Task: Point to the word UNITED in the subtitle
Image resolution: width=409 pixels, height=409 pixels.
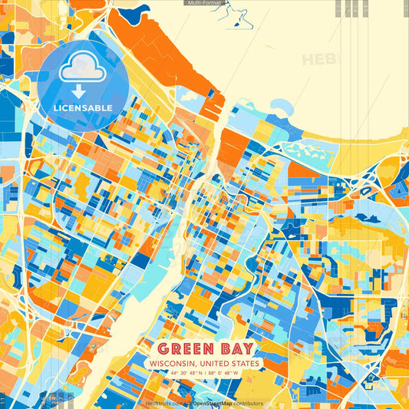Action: tap(216, 363)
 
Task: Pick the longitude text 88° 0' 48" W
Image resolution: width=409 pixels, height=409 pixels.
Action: tap(223, 374)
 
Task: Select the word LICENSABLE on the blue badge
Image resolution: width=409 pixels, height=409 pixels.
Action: tap(83, 107)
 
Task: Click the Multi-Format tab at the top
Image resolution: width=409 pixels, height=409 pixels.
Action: tap(204, 3)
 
